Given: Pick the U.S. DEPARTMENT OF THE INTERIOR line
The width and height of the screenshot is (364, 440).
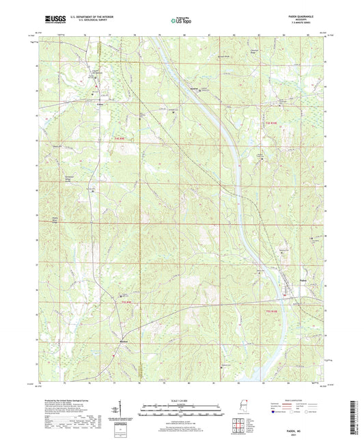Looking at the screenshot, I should click(x=84, y=18).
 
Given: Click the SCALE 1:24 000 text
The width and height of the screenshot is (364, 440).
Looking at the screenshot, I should click(x=181, y=399).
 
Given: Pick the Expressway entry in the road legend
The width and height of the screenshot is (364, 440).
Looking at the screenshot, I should click(x=281, y=405).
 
